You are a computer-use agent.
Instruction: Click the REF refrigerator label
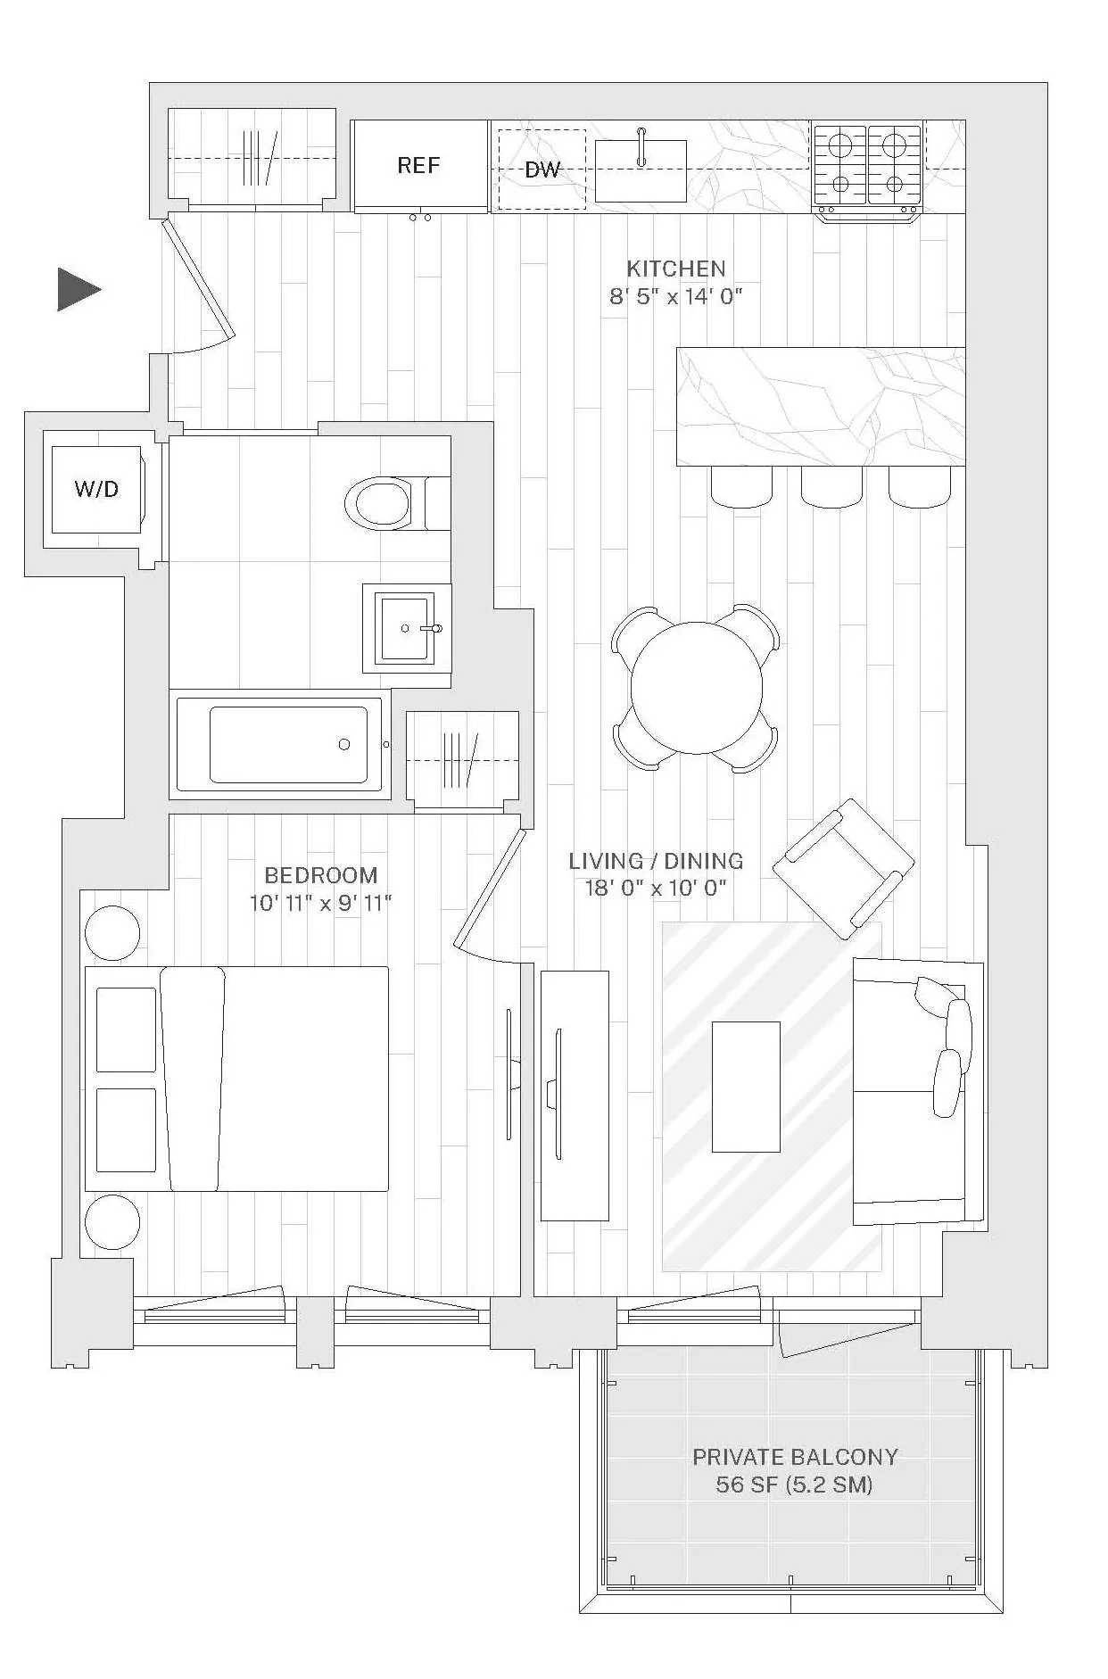tap(418, 165)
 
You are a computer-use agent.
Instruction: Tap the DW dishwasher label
tap(542, 170)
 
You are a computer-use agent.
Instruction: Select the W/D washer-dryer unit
tap(96, 489)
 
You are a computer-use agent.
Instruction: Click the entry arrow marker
tap(79, 289)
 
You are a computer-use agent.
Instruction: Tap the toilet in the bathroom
tap(385, 503)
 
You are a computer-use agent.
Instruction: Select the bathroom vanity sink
tap(406, 628)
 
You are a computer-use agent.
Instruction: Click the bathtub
tap(288, 745)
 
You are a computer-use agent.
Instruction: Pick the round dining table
tap(696, 688)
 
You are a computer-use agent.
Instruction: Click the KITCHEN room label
tap(675, 269)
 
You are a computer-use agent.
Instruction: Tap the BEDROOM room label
tap(321, 875)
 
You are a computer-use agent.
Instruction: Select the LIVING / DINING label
tap(656, 861)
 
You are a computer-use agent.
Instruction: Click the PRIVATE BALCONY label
tap(795, 1457)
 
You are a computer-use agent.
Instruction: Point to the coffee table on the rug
tap(746, 1087)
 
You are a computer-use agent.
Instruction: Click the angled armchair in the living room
tap(843, 868)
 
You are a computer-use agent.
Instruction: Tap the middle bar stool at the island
tap(831, 486)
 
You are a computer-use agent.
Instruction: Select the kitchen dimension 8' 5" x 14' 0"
tap(675, 296)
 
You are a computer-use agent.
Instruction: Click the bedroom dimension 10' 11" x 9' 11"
tap(320, 903)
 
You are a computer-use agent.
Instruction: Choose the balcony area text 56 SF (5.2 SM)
tap(794, 1485)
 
